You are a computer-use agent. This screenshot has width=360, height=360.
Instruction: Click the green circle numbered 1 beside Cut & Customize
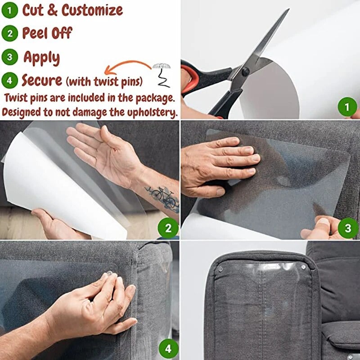coord(9,10)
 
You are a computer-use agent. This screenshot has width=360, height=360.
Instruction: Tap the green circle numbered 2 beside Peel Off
coord(9,33)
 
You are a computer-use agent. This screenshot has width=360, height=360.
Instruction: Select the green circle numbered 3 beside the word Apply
coord(9,58)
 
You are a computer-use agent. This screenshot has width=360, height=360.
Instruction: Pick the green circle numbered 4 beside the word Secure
coord(9,81)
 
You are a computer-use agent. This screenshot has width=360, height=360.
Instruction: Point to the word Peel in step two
coord(35,33)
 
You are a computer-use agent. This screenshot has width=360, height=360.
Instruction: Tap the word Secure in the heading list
coord(42,81)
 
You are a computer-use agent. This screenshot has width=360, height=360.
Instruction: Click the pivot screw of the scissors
coord(246,71)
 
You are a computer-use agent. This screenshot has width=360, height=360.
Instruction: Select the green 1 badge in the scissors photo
coord(347,107)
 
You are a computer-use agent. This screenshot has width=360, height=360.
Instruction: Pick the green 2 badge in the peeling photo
coord(168,229)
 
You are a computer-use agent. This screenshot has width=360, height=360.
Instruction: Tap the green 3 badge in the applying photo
coord(348,229)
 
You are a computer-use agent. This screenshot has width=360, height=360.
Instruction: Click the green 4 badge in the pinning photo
coord(168,348)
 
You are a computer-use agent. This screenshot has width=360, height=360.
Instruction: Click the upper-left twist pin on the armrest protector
coord(220,269)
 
